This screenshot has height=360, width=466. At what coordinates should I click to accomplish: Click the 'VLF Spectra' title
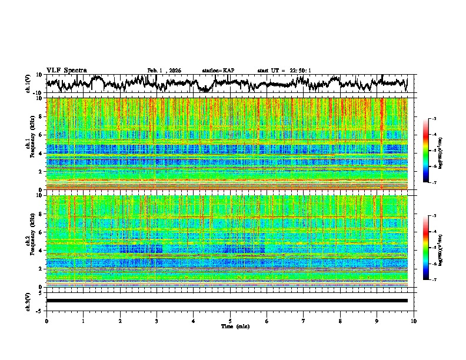point(66,70)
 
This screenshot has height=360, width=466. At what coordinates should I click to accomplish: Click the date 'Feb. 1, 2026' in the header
point(164,71)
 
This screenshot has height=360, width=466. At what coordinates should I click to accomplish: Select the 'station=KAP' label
point(218,71)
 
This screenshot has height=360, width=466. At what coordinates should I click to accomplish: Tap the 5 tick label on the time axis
point(230,321)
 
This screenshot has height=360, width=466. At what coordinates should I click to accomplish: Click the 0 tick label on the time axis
point(46,321)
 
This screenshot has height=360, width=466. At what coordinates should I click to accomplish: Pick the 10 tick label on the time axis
point(414,321)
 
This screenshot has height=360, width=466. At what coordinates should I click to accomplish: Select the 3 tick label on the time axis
point(157,321)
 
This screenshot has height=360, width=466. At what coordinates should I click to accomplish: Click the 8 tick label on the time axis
point(340,321)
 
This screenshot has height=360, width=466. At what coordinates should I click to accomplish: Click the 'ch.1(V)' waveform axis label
point(29,84)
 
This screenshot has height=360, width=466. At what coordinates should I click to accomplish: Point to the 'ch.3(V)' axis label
point(29,301)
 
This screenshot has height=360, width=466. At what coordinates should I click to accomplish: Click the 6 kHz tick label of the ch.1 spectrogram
point(41,135)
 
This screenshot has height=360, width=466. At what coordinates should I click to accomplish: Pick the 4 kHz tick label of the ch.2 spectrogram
point(41,250)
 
